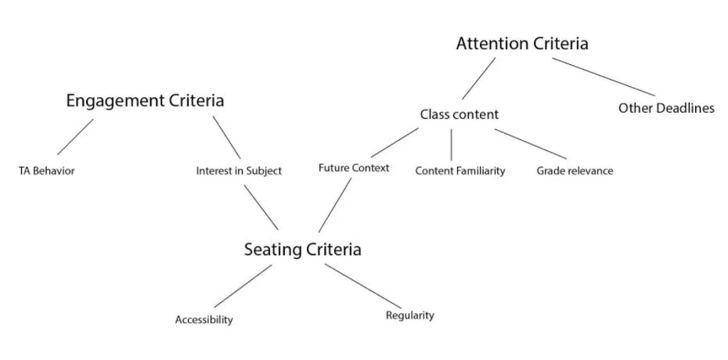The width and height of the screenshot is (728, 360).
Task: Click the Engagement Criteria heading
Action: click(145, 101)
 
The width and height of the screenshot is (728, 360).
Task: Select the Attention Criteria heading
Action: click(522, 44)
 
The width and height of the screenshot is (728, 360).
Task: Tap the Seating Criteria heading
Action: click(303, 250)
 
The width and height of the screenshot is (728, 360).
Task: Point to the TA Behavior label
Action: click(46, 171)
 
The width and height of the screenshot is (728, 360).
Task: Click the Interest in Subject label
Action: click(239, 171)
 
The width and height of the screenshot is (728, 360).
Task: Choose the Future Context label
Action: click(354, 168)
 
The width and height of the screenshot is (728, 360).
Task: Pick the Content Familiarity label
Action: click(460, 171)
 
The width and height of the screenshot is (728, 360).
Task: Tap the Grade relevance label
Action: click(575, 171)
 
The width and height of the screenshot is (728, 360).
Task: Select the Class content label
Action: click(460, 114)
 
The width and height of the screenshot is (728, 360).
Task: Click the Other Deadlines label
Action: click(666, 108)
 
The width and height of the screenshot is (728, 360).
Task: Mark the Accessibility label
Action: click(204, 319)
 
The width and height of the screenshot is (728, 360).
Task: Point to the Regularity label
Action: click(410, 315)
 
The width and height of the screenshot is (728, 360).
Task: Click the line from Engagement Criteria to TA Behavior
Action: click(75, 137)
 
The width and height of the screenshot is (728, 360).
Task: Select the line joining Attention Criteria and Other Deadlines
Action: click(604, 77)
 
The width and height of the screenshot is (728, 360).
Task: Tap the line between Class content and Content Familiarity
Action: click(452, 145)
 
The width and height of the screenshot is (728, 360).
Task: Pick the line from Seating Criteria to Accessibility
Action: click(243, 286)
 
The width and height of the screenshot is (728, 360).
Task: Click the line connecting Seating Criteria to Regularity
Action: click(363, 286)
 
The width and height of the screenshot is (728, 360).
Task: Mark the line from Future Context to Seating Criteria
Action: click(335, 205)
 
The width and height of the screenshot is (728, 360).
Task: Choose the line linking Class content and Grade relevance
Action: click(531, 144)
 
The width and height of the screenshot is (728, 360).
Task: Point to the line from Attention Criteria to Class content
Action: click(478, 78)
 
